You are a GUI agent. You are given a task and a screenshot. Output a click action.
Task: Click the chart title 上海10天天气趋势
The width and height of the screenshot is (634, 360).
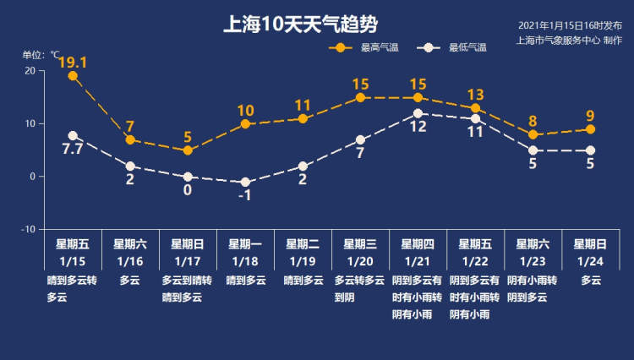pos(300,25)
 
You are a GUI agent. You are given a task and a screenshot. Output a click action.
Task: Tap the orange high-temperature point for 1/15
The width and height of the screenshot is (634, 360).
pos(73,76)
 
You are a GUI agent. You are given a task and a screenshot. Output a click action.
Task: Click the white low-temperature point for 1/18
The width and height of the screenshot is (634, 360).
pos(245,183)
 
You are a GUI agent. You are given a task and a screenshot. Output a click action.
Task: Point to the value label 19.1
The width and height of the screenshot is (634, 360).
pos(73,63)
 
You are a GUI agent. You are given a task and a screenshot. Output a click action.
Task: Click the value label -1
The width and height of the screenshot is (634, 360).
pos(245,195)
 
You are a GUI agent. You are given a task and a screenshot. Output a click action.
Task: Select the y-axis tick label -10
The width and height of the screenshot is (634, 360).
pos(28,230)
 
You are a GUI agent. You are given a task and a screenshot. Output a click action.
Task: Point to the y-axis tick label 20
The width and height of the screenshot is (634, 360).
pos(30,71)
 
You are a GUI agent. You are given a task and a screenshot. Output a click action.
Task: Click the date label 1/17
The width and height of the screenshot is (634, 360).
pos(187,261)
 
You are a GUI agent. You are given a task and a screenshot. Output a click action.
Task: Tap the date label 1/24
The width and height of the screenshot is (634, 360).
pos(590,261)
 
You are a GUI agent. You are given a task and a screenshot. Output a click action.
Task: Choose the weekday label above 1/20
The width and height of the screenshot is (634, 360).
pos(360,244)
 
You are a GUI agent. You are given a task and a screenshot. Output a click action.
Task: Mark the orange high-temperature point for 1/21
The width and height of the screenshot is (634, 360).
pos(418,98)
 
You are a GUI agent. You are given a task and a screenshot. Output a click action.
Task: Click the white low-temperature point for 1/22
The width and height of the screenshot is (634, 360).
pos(475,119)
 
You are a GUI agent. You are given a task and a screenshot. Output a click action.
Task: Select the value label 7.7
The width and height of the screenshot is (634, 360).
pos(73,149)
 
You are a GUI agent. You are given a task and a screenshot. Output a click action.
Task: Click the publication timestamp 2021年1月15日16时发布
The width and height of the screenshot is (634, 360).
pos(570,25)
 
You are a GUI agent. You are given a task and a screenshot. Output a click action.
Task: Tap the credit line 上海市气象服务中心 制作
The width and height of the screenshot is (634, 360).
pos(569,40)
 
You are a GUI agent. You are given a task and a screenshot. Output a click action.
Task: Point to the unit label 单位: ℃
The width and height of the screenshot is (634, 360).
pos(41,55)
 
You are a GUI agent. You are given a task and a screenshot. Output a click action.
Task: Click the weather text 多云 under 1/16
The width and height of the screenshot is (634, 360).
pos(130,280)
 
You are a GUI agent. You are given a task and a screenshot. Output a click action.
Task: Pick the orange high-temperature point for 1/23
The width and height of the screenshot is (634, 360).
pos(533,134)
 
